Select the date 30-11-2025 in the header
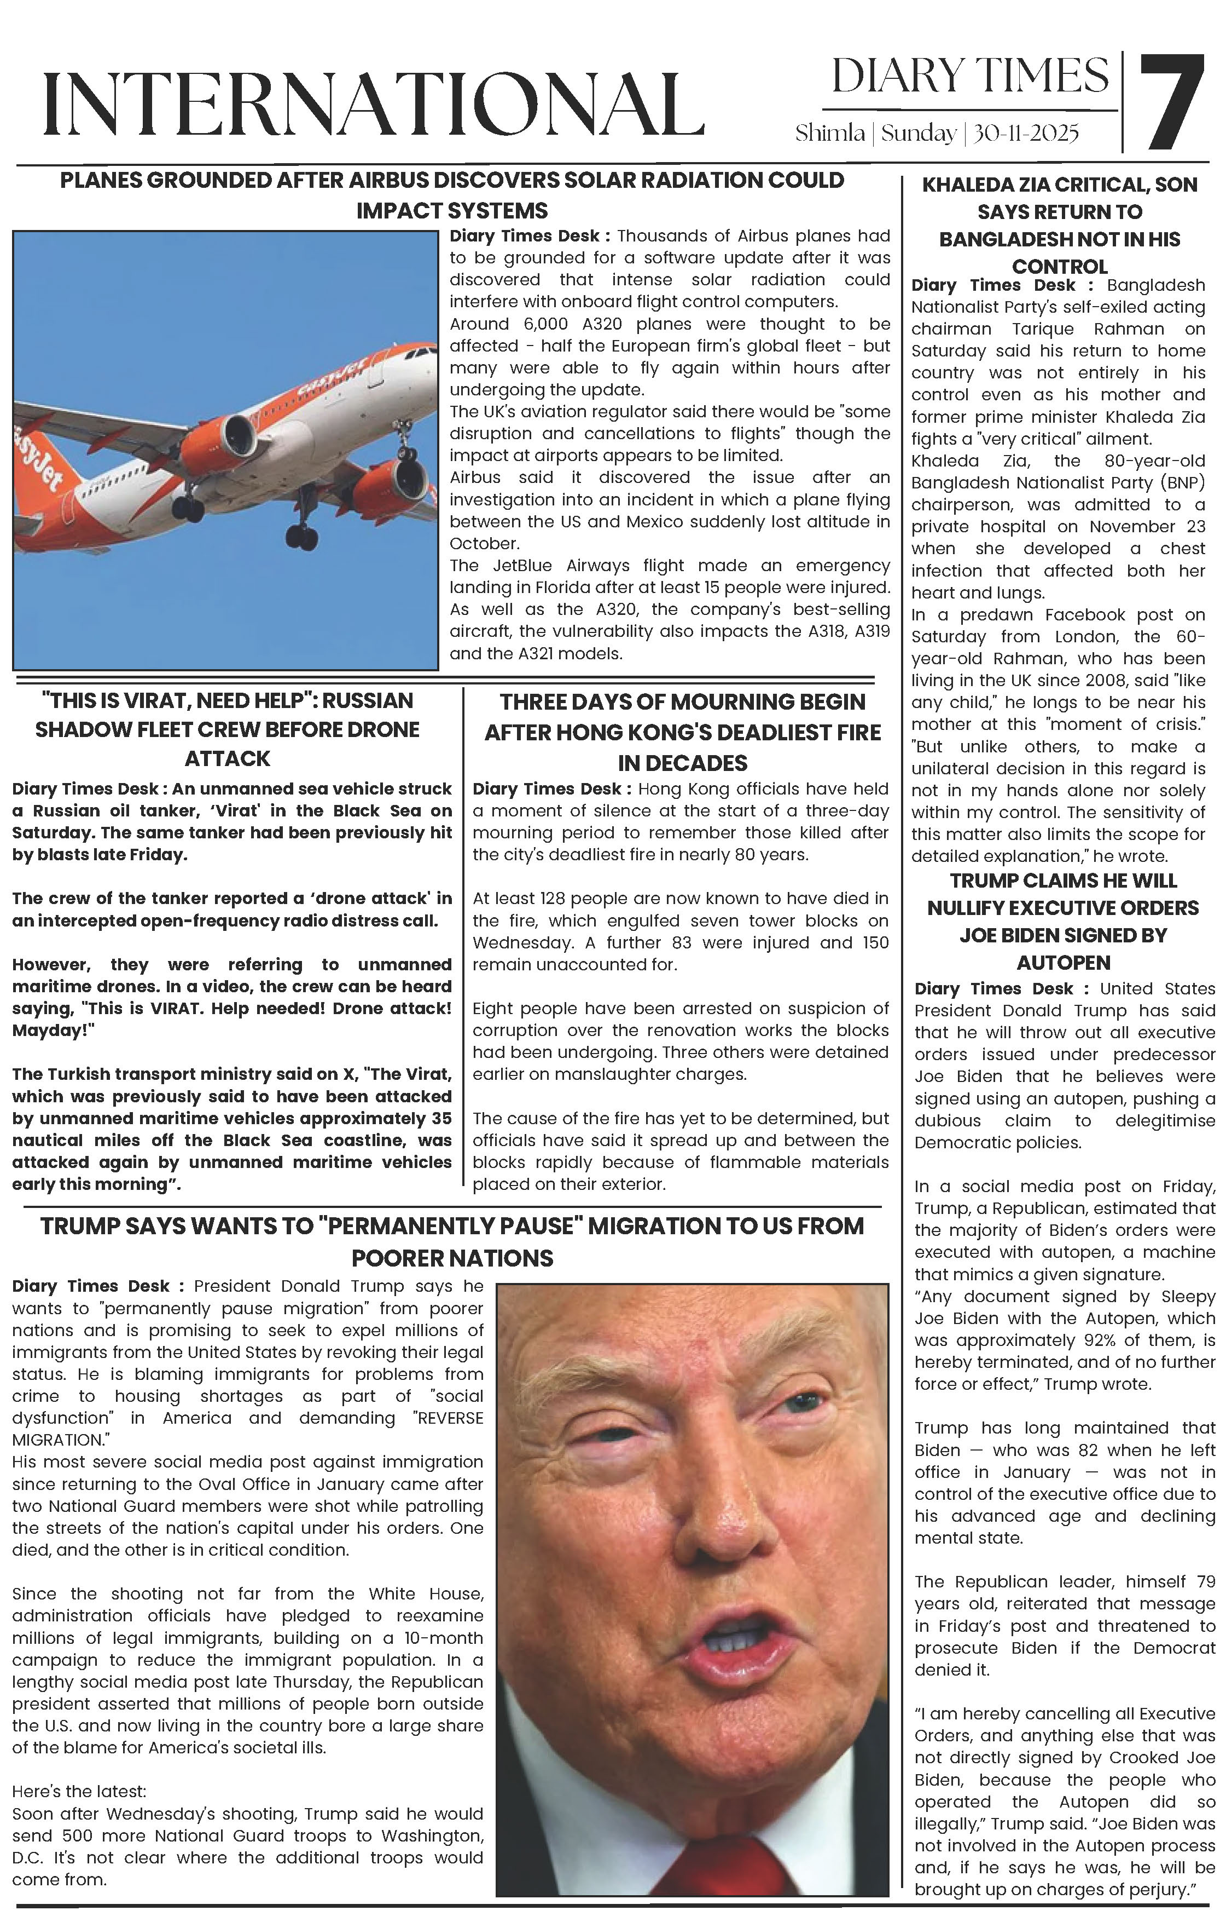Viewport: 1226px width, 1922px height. click(x=1026, y=133)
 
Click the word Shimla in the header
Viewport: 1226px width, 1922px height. click(x=829, y=133)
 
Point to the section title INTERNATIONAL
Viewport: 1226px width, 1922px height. click(x=373, y=103)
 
